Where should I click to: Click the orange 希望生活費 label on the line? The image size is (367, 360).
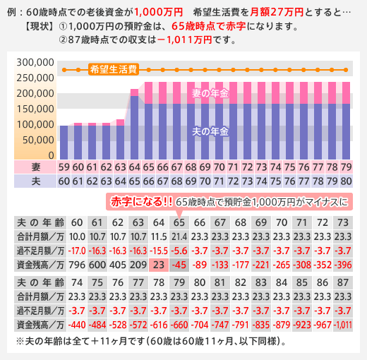tap(114, 70)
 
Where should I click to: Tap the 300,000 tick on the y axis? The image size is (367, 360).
tap(35, 63)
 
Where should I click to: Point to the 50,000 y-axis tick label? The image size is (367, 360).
tap(38, 140)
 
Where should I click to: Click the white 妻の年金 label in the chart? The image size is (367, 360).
tap(210, 93)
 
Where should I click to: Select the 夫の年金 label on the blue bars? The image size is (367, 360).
tap(210, 131)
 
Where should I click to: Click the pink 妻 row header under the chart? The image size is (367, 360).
tap(35, 167)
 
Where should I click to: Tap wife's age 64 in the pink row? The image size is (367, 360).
tap(134, 167)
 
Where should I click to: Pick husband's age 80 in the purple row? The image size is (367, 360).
tap(346, 181)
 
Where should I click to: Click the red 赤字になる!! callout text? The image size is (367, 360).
tap(142, 202)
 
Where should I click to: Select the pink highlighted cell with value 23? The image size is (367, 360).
tap(159, 265)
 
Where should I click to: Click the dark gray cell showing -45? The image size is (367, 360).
tap(179, 265)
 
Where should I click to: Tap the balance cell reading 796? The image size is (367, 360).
tap(77, 265)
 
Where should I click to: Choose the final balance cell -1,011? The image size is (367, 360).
tap(343, 325)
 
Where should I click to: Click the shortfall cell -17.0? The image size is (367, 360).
tap(77, 251)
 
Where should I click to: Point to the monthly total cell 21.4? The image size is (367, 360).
tap(179, 236)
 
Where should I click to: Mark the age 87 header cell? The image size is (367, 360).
tap(343, 282)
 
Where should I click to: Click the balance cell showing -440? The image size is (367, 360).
tap(77, 325)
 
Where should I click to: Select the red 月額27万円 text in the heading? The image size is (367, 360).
tap(277, 12)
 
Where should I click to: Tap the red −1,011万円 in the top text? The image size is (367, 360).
tap(184, 40)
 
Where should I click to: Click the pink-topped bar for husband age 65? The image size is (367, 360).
tap(134, 124)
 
